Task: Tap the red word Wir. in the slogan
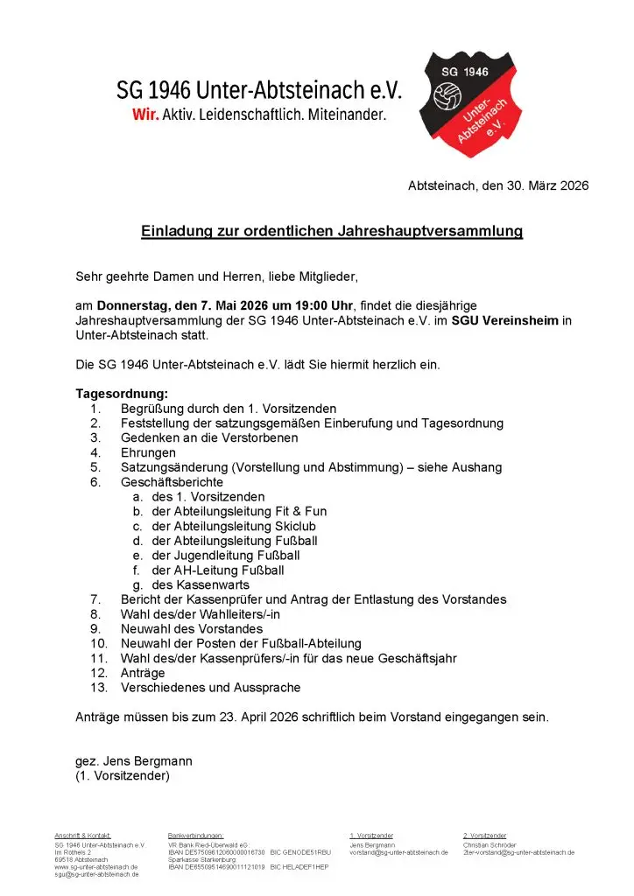tap(144, 115)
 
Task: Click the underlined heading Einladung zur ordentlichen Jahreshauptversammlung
tap(332, 232)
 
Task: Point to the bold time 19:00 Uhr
tap(306, 305)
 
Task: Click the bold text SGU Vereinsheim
tap(504, 320)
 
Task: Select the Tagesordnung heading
tap(122, 394)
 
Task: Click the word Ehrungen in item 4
tap(148, 452)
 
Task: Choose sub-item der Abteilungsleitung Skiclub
tap(233, 526)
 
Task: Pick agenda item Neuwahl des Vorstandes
tap(191, 629)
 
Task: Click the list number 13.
tap(98, 688)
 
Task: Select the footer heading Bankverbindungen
tap(195, 836)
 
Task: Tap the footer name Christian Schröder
tap(490, 845)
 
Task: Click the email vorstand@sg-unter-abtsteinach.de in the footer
tap(398, 852)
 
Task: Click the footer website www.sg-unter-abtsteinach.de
tap(95, 867)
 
